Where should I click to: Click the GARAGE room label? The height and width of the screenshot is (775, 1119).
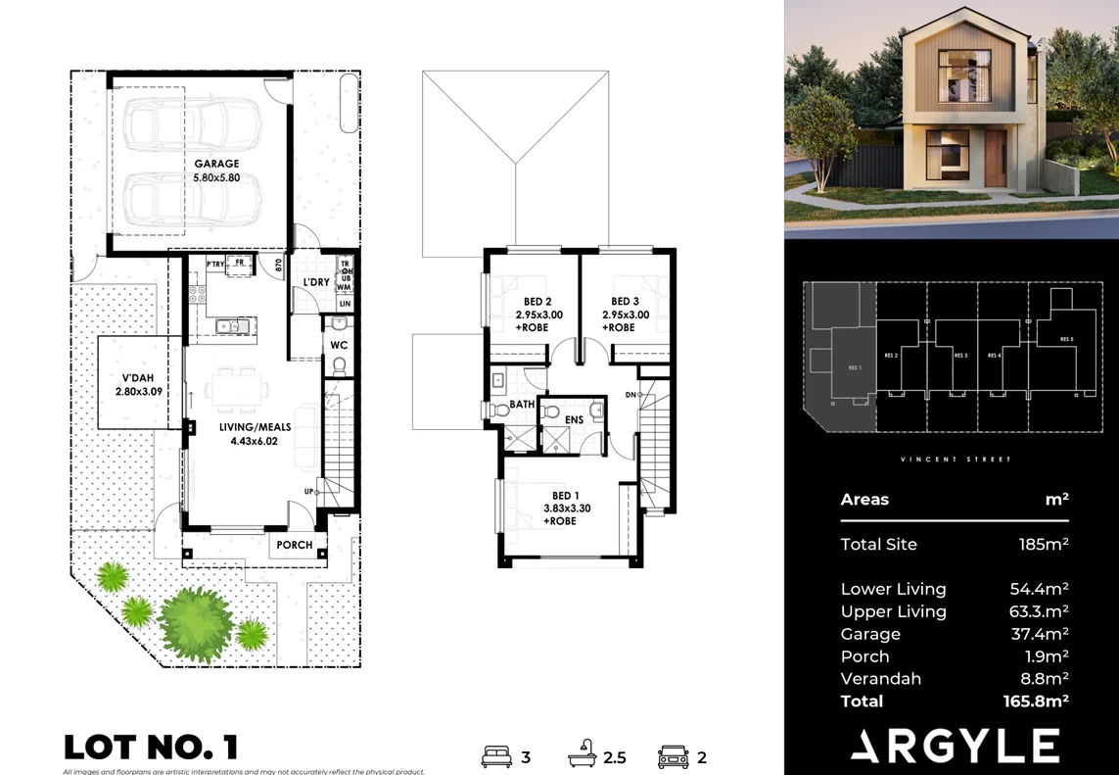[x=216, y=165]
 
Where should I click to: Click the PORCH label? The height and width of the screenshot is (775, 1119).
[x=295, y=545]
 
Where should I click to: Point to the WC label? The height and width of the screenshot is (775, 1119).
[x=339, y=346]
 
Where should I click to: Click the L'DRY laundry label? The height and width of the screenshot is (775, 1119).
[x=315, y=282]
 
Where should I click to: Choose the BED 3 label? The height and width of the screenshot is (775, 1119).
[x=625, y=302]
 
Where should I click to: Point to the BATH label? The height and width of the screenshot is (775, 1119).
[x=522, y=404]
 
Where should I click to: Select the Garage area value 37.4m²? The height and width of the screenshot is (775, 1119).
[x=1039, y=634]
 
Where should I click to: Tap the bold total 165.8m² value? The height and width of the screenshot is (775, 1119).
[x=1036, y=701]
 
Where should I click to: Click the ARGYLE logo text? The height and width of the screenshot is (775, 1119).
[x=955, y=746]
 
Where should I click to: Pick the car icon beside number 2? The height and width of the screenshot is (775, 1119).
[x=674, y=756]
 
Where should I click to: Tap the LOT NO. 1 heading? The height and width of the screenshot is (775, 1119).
[x=151, y=748]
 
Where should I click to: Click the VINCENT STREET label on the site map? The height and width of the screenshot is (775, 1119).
[x=955, y=459]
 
